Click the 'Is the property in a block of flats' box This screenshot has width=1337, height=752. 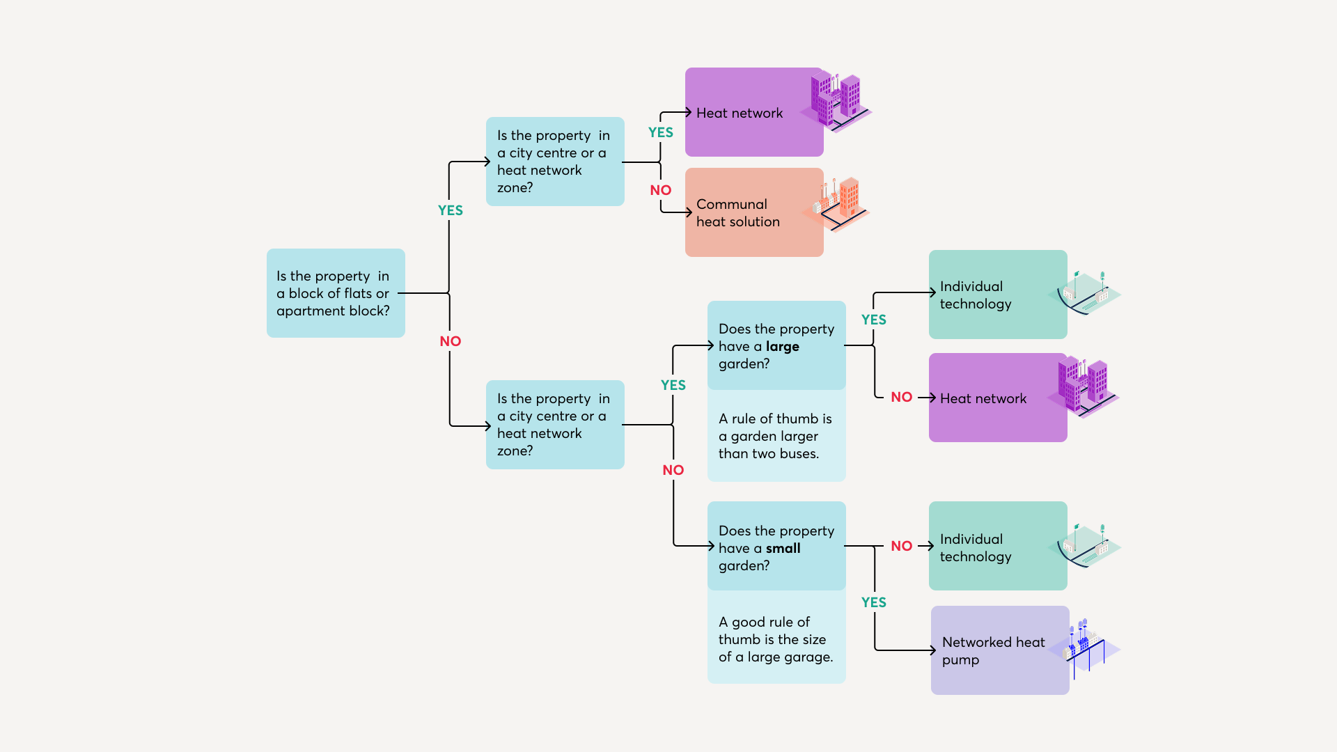[335, 293]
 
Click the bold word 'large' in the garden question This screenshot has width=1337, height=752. [782, 346]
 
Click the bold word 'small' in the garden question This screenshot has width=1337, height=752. [783, 548]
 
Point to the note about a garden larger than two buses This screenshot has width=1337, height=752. [776, 436]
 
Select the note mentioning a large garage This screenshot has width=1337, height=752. [776, 639]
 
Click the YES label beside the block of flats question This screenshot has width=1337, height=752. [450, 210]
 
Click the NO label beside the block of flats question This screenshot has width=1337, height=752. [450, 341]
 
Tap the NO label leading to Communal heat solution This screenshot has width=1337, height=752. [660, 190]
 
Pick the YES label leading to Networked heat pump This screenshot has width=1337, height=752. [873, 602]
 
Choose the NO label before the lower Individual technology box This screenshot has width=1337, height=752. [901, 546]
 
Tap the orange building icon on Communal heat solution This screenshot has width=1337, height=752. [838, 203]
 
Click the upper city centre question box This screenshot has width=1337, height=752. [554, 162]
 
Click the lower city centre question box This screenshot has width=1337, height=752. [554, 425]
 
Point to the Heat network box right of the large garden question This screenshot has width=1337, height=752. [997, 398]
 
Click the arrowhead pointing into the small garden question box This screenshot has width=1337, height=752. [711, 546]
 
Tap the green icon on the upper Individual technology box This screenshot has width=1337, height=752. [1085, 292]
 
